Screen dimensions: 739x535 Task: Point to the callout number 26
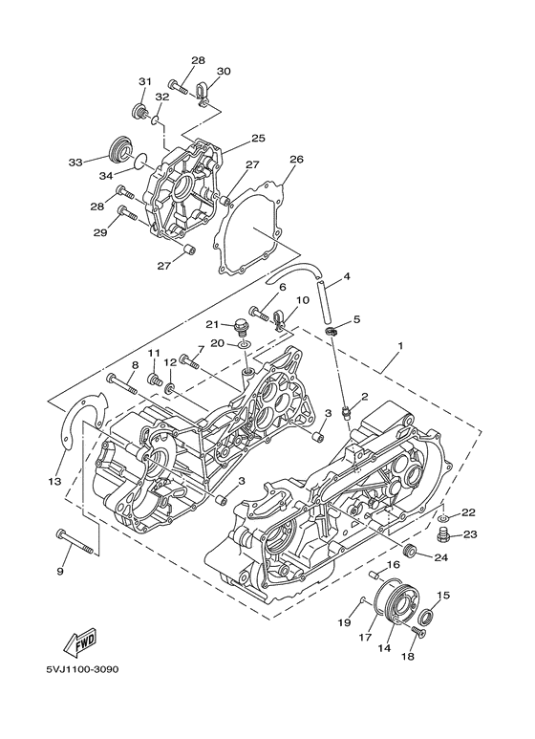coord(296,160)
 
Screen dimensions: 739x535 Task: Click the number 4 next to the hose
coord(347,277)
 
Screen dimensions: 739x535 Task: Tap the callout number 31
coord(145,81)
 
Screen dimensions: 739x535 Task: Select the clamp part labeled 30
coord(203,92)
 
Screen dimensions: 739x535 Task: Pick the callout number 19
coord(344,621)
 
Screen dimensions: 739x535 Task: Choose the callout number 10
coord(302,301)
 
